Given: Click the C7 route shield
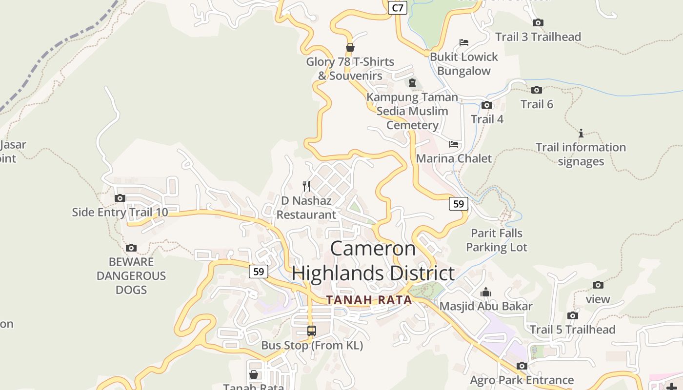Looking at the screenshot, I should click(398, 8).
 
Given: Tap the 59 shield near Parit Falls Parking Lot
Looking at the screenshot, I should click(458, 203).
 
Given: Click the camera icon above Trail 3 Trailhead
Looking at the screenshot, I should click(538, 22).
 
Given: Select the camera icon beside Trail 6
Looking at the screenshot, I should click(537, 90).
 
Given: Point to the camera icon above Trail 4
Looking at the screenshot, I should click(487, 105).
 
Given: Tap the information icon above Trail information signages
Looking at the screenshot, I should click(581, 133).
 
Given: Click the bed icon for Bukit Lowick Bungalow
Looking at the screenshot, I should click(463, 42).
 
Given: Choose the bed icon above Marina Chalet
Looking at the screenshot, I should click(454, 144).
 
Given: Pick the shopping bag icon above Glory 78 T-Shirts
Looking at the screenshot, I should click(350, 47).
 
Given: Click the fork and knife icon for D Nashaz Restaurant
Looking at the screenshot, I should click(306, 186).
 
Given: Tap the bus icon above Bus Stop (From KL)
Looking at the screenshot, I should click(312, 331).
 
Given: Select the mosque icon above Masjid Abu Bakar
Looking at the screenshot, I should click(486, 292).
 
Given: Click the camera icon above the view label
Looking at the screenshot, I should click(598, 285).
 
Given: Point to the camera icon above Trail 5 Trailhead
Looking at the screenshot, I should click(573, 315).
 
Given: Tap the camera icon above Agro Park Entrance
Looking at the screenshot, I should click(522, 366).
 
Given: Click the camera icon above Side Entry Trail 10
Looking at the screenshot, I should click(120, 198).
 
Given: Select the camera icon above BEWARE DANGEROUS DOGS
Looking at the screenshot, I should click(131, 248).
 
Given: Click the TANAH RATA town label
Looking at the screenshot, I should click(369, 300).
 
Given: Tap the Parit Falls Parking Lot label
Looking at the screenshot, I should click(497, 240).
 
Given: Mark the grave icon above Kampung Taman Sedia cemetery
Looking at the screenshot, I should click(412, 82).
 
